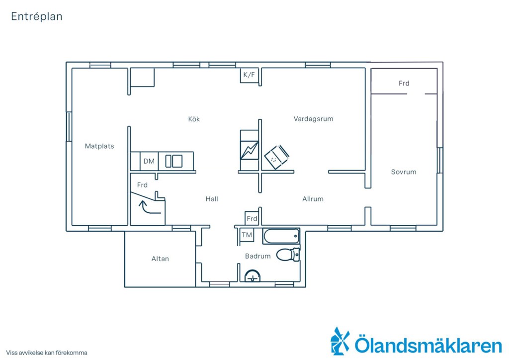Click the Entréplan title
coord(37,16)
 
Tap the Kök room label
coord(194,119)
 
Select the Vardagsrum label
coord(313,119)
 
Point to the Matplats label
coord(99,146)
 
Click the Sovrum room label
coord(404,172)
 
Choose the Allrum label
coord(313,199)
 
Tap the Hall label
coord(212,199)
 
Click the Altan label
coord(160,259)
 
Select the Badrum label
coord(258,256)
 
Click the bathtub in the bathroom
coord(281,236)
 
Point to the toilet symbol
coord(288,255)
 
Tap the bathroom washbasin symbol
coord(252,276)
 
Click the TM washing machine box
coord(247,235)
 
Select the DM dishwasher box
coord(149,161)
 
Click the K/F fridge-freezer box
coord(249,75)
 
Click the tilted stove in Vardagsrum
coord(276,157)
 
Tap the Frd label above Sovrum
coord(404,83)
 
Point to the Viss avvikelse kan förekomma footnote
coord(47,353)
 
